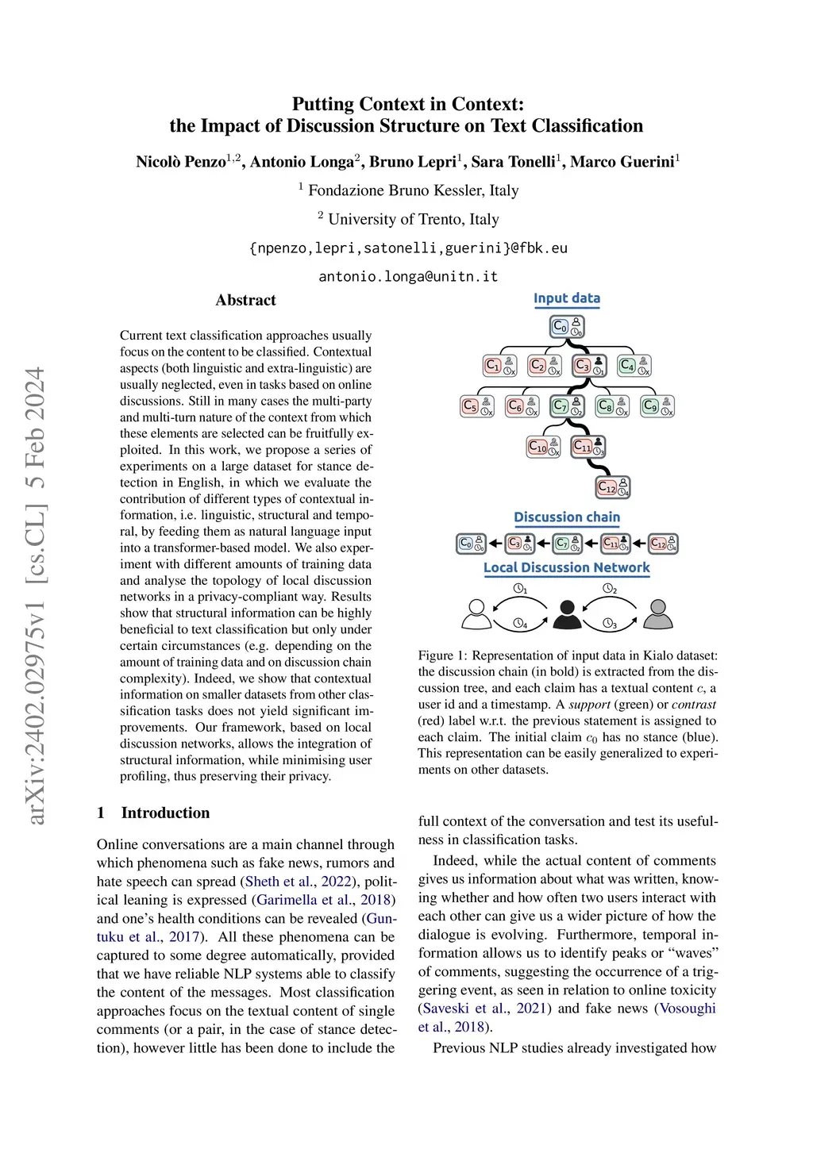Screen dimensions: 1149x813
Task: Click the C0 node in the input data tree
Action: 567,326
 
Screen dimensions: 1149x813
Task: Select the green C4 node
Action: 634,366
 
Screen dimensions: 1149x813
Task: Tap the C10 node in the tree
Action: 544,447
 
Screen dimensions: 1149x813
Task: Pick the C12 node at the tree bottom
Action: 613,486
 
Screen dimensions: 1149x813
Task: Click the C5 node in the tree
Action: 477,406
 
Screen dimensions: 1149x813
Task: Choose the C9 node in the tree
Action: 657,406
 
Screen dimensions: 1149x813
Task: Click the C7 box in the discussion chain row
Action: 567,544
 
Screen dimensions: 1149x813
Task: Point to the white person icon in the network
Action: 476,614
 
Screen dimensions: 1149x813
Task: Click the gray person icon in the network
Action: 657,614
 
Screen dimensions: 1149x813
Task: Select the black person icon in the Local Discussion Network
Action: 567,614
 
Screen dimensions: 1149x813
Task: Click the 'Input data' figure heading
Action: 567,298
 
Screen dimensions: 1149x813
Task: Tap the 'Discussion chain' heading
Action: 567,517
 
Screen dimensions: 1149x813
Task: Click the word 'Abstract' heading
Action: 245,300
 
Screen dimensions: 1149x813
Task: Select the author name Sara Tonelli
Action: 513,162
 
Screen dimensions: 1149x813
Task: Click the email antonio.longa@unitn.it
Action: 408,276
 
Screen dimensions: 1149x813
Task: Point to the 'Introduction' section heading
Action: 165,813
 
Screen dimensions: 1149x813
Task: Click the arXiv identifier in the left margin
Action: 35,595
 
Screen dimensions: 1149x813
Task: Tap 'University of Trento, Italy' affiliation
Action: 413,219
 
